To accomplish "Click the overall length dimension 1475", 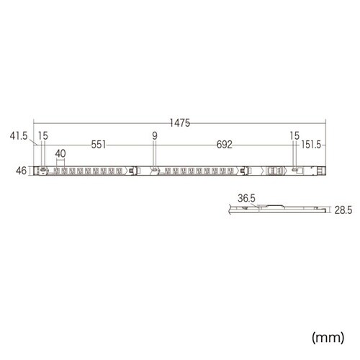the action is (180, 123).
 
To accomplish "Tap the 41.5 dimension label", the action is (19, 136).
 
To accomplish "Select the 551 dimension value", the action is (99, 145).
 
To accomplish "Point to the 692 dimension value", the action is (225, 145).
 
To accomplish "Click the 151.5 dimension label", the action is (311, 145).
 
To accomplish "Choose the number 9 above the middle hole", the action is (155, 136).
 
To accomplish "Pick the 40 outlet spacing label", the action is (60, 153).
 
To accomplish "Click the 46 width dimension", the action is (21, 171).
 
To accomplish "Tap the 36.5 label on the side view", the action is (246, 198).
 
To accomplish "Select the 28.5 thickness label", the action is (343, 210).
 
